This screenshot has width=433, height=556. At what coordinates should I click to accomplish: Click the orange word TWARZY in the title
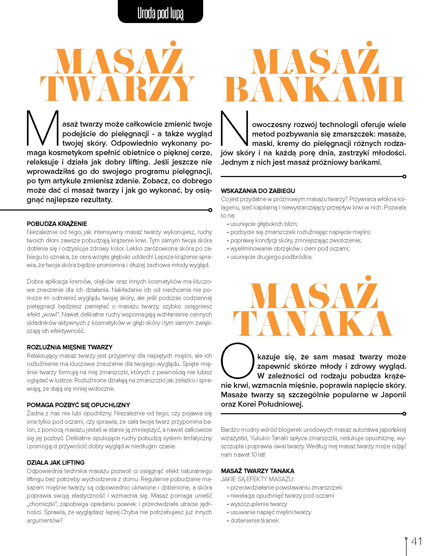point(118,89)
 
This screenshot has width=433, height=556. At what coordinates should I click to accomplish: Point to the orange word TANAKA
point(313,324)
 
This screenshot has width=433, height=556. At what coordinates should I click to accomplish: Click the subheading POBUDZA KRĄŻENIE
point(57,224)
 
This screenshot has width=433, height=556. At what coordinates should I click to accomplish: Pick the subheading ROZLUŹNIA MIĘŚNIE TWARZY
point(70,347)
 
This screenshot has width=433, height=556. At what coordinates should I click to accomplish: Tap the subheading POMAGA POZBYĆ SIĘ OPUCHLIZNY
point(78,405)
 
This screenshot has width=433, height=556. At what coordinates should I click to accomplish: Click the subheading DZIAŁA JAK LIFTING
point(55,463)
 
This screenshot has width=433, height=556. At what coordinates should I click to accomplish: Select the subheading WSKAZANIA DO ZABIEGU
point(258,191)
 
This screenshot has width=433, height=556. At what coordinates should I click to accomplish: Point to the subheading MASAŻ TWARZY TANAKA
point(258,471)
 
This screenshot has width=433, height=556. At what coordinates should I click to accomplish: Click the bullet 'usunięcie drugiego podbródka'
point(271,257)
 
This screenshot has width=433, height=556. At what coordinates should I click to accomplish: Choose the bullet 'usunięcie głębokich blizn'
point(264,224)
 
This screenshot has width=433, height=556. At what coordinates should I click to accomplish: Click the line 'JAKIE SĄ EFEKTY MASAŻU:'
point(258,479)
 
